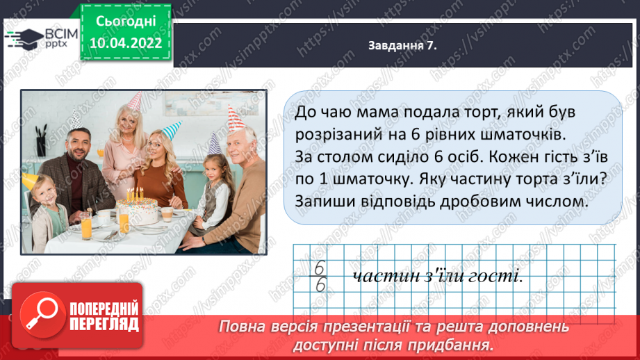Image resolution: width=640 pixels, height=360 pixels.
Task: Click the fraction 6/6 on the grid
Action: [x=320, y=277]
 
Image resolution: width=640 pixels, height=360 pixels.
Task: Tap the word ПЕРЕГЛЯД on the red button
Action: [x=105, y=324]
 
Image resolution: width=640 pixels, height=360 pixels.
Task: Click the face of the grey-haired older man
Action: [x=241, y=147]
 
